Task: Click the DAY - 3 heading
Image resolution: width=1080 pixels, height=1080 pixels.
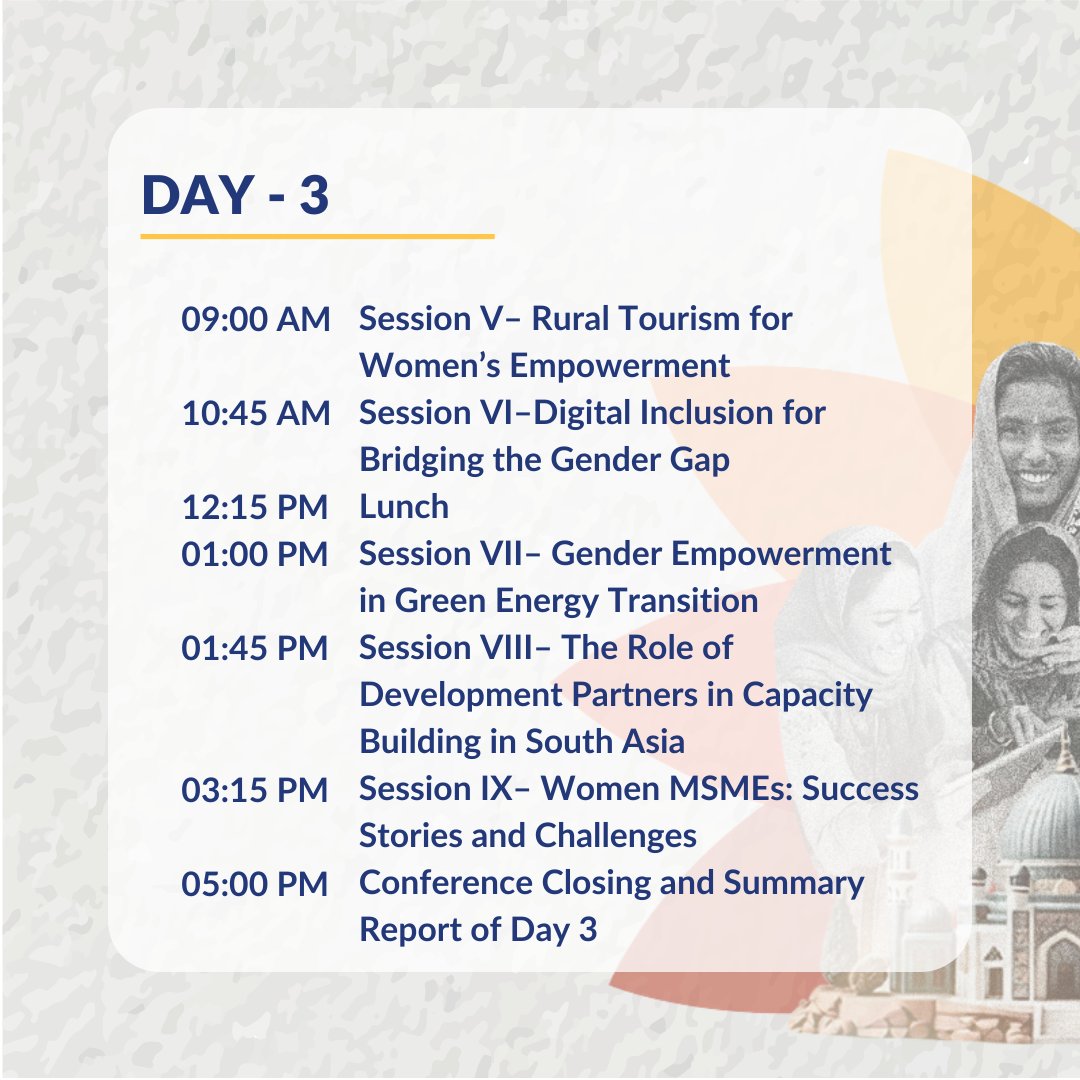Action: pos(235,195)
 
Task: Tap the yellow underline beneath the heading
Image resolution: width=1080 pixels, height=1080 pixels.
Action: pos(317,237)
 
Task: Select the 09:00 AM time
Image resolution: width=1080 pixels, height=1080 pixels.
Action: pos(255,320)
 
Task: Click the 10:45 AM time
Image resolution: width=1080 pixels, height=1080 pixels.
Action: pos(255,414)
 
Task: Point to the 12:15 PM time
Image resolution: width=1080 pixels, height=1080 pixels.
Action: pos(255,508)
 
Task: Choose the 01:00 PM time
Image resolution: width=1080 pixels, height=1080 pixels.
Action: pos(255,554)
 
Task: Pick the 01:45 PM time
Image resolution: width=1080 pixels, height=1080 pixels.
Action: pos(255,648)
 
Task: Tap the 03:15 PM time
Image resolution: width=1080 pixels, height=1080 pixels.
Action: pos(255,790)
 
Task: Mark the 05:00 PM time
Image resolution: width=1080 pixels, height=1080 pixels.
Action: pos(255,884)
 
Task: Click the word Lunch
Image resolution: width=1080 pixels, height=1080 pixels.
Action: pos(404,507)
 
